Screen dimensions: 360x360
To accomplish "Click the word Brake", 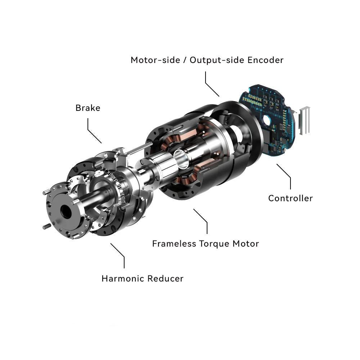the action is tap(88, 108).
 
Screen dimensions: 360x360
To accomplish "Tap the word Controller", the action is tap(291, 198).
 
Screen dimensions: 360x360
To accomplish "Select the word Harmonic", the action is tap(123, 279).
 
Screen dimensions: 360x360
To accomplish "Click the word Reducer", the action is tap(166, 279).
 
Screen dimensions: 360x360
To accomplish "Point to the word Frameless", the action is tap(174, 244).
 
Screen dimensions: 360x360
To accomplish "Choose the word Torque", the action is tap(214, 244).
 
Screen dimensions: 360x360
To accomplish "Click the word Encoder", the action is tap(265, 60).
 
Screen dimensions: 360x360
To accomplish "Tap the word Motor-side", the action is tap(156, 60).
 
